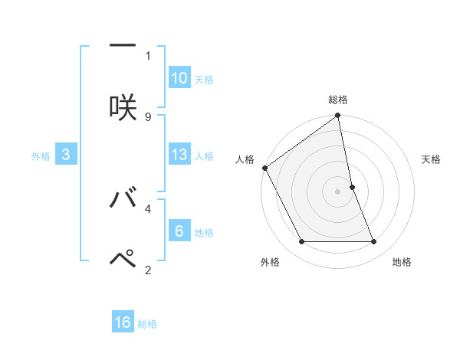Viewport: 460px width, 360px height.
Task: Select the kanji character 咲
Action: click(x=123, y=105)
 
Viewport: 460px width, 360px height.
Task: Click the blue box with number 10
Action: click(x=179, y=78)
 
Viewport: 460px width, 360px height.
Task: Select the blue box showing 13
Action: click(x=179, y=155)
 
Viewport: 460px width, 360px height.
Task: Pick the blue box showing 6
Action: click(x=179, y=231)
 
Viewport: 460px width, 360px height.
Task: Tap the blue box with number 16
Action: click(x=123, y=322)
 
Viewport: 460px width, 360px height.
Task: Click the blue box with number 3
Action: click(x=66, y=155)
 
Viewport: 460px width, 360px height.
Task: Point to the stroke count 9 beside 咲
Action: click(x=148, y=116)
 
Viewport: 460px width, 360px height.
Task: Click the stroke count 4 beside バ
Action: click(x=148, y=208)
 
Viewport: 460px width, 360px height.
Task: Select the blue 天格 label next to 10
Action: click(x=204, y=80)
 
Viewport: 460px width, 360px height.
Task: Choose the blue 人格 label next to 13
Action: click(x=204, y=156)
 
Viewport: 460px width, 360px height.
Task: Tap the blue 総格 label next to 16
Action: click(x=147, y=324)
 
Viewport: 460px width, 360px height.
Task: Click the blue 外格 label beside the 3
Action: click(x=41, y=156)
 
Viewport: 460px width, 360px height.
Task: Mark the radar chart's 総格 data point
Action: click(x=338, y=116)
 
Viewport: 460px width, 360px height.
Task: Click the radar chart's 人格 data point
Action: click(x=265, y=168)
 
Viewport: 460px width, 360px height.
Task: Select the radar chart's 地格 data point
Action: click(x=374, y=242)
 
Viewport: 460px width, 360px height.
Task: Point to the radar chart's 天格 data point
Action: click(x=353, y=187)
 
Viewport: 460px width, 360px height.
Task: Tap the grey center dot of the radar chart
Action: click(x=338, y=191)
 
